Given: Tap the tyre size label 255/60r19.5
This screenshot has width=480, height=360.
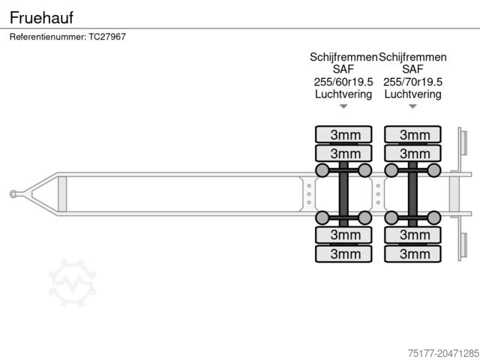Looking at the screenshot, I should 343,82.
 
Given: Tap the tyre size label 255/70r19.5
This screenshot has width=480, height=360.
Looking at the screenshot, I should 412,82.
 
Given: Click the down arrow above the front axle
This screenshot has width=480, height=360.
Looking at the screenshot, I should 343,106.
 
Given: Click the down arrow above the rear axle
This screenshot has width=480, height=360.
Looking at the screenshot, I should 412,106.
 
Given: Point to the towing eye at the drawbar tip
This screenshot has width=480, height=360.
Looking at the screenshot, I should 13,194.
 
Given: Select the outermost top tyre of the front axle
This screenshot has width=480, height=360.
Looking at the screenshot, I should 343,135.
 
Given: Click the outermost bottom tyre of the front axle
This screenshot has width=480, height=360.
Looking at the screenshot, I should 343,253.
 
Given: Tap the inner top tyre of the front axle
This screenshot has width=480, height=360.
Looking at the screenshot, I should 343,153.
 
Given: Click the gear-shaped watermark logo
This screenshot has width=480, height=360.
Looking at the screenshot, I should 73,283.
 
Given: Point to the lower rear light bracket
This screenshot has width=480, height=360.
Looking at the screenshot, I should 462,246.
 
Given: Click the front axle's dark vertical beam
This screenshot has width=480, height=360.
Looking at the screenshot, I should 343,194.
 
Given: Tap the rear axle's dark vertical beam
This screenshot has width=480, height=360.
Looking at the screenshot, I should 412,194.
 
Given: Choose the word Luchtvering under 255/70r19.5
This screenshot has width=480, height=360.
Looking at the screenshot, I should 412,94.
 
